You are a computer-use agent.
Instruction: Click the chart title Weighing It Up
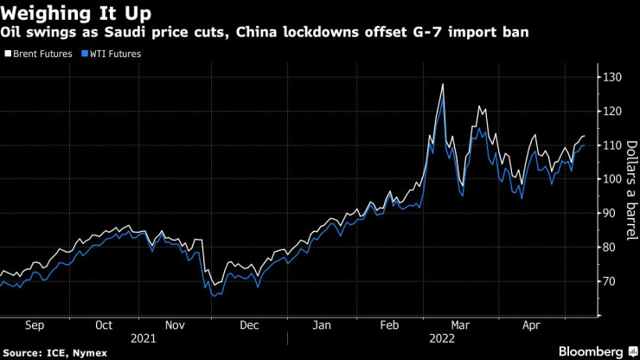pos(76,13)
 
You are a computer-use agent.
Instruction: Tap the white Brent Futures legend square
pos(8,54)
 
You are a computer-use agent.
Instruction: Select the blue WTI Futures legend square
pos(85,54)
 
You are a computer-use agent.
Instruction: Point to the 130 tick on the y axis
pos(612,77)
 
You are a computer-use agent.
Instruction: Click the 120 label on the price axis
pos(612,111)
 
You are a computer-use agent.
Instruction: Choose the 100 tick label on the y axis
pos(612,179)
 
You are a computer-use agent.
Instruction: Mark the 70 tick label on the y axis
pos(610,281)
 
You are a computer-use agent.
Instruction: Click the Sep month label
pos(35,325)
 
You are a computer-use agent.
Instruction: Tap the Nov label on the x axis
pos(175,325)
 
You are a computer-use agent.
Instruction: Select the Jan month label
pos(322,325)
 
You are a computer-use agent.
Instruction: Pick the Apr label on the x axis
pos(531,325)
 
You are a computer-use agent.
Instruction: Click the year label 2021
pos(144,338)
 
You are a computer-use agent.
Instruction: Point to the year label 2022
pos(442,338)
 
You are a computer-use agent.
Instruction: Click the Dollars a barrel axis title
pos(632,190)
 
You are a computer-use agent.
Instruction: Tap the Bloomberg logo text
pos(591,352)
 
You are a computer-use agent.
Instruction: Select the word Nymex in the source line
pos(90,353)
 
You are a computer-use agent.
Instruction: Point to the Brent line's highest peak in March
pos(443,84)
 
